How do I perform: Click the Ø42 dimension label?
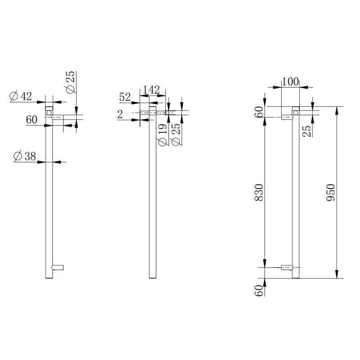tap(21, 96)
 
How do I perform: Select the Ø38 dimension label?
tap(24, 156)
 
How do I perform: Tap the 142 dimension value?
tap(151, 90)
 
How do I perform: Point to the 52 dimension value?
tap(125, 97)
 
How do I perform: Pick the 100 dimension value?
tap(290, 81)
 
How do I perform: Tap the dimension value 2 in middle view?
tap(120, 115)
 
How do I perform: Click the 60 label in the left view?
tap(31, 120)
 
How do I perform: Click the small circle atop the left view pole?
tap(49, 111)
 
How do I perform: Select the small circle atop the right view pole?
tap(296, 112)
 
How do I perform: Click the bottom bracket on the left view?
tap(58, 267)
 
